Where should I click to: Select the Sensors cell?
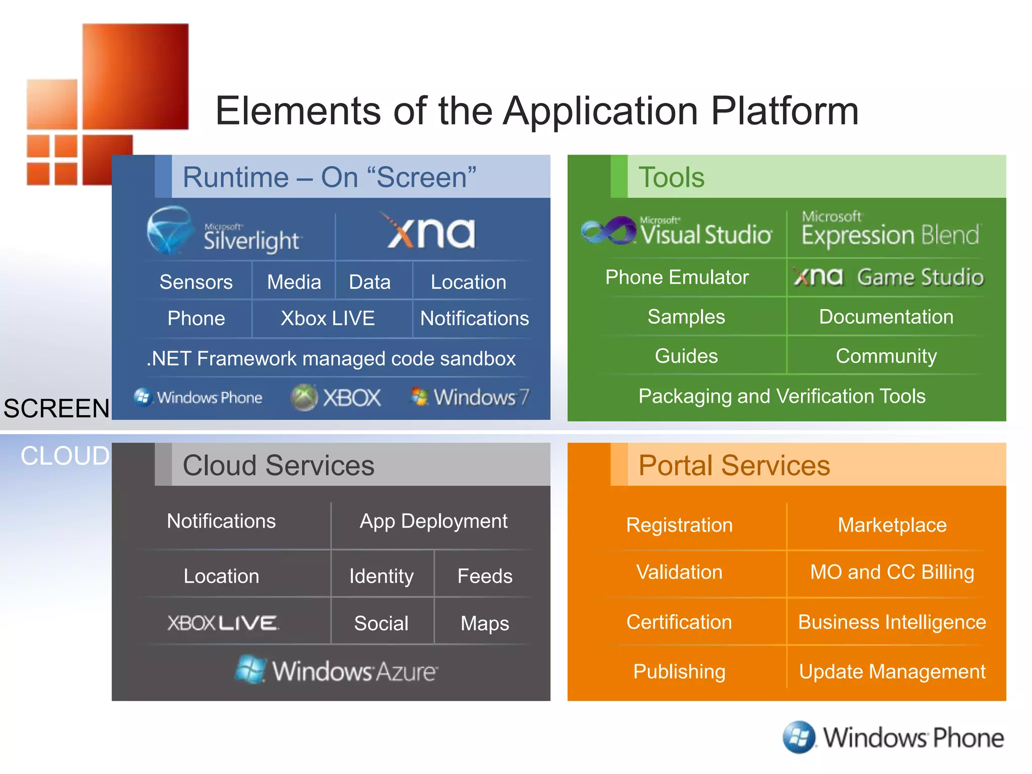(196, 282)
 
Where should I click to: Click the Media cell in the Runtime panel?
(294, 282)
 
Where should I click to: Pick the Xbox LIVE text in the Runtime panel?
(328, 318)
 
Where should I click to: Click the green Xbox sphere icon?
(304, 398)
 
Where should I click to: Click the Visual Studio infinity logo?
(609, 231)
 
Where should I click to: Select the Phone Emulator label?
(677, 277)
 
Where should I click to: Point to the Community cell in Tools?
(886, 356)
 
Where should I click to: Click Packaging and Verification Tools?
(782, 396)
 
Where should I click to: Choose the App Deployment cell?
(433, 521)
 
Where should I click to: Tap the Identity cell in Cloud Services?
(381, 576)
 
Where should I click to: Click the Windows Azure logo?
(337, 670)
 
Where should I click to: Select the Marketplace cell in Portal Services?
(892, 525)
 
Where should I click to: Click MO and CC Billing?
(892, 572)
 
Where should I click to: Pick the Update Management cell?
(892, 672)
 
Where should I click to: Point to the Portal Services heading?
(734, 465)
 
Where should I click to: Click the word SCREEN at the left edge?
(56, 408)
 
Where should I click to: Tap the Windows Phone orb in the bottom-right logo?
(799, 737)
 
